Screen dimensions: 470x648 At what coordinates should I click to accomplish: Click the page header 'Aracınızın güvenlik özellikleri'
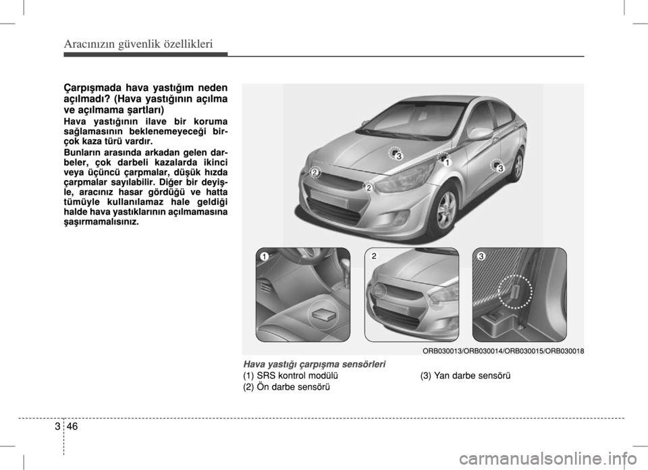138,44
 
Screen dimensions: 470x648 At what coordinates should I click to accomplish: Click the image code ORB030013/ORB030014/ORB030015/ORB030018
504,351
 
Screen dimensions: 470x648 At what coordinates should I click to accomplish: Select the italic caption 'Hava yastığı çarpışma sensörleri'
315,364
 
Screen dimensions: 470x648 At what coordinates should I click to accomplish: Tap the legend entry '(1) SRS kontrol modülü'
291,376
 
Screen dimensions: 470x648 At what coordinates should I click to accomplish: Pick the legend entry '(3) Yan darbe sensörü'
465,376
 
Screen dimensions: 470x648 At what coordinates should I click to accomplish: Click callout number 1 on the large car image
446,163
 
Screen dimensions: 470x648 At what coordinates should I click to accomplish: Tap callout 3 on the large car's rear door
501,169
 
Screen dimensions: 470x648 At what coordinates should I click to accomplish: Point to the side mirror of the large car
480,134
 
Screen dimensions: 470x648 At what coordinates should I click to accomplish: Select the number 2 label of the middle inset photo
373,256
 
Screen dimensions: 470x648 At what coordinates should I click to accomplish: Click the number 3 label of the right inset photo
481,256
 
